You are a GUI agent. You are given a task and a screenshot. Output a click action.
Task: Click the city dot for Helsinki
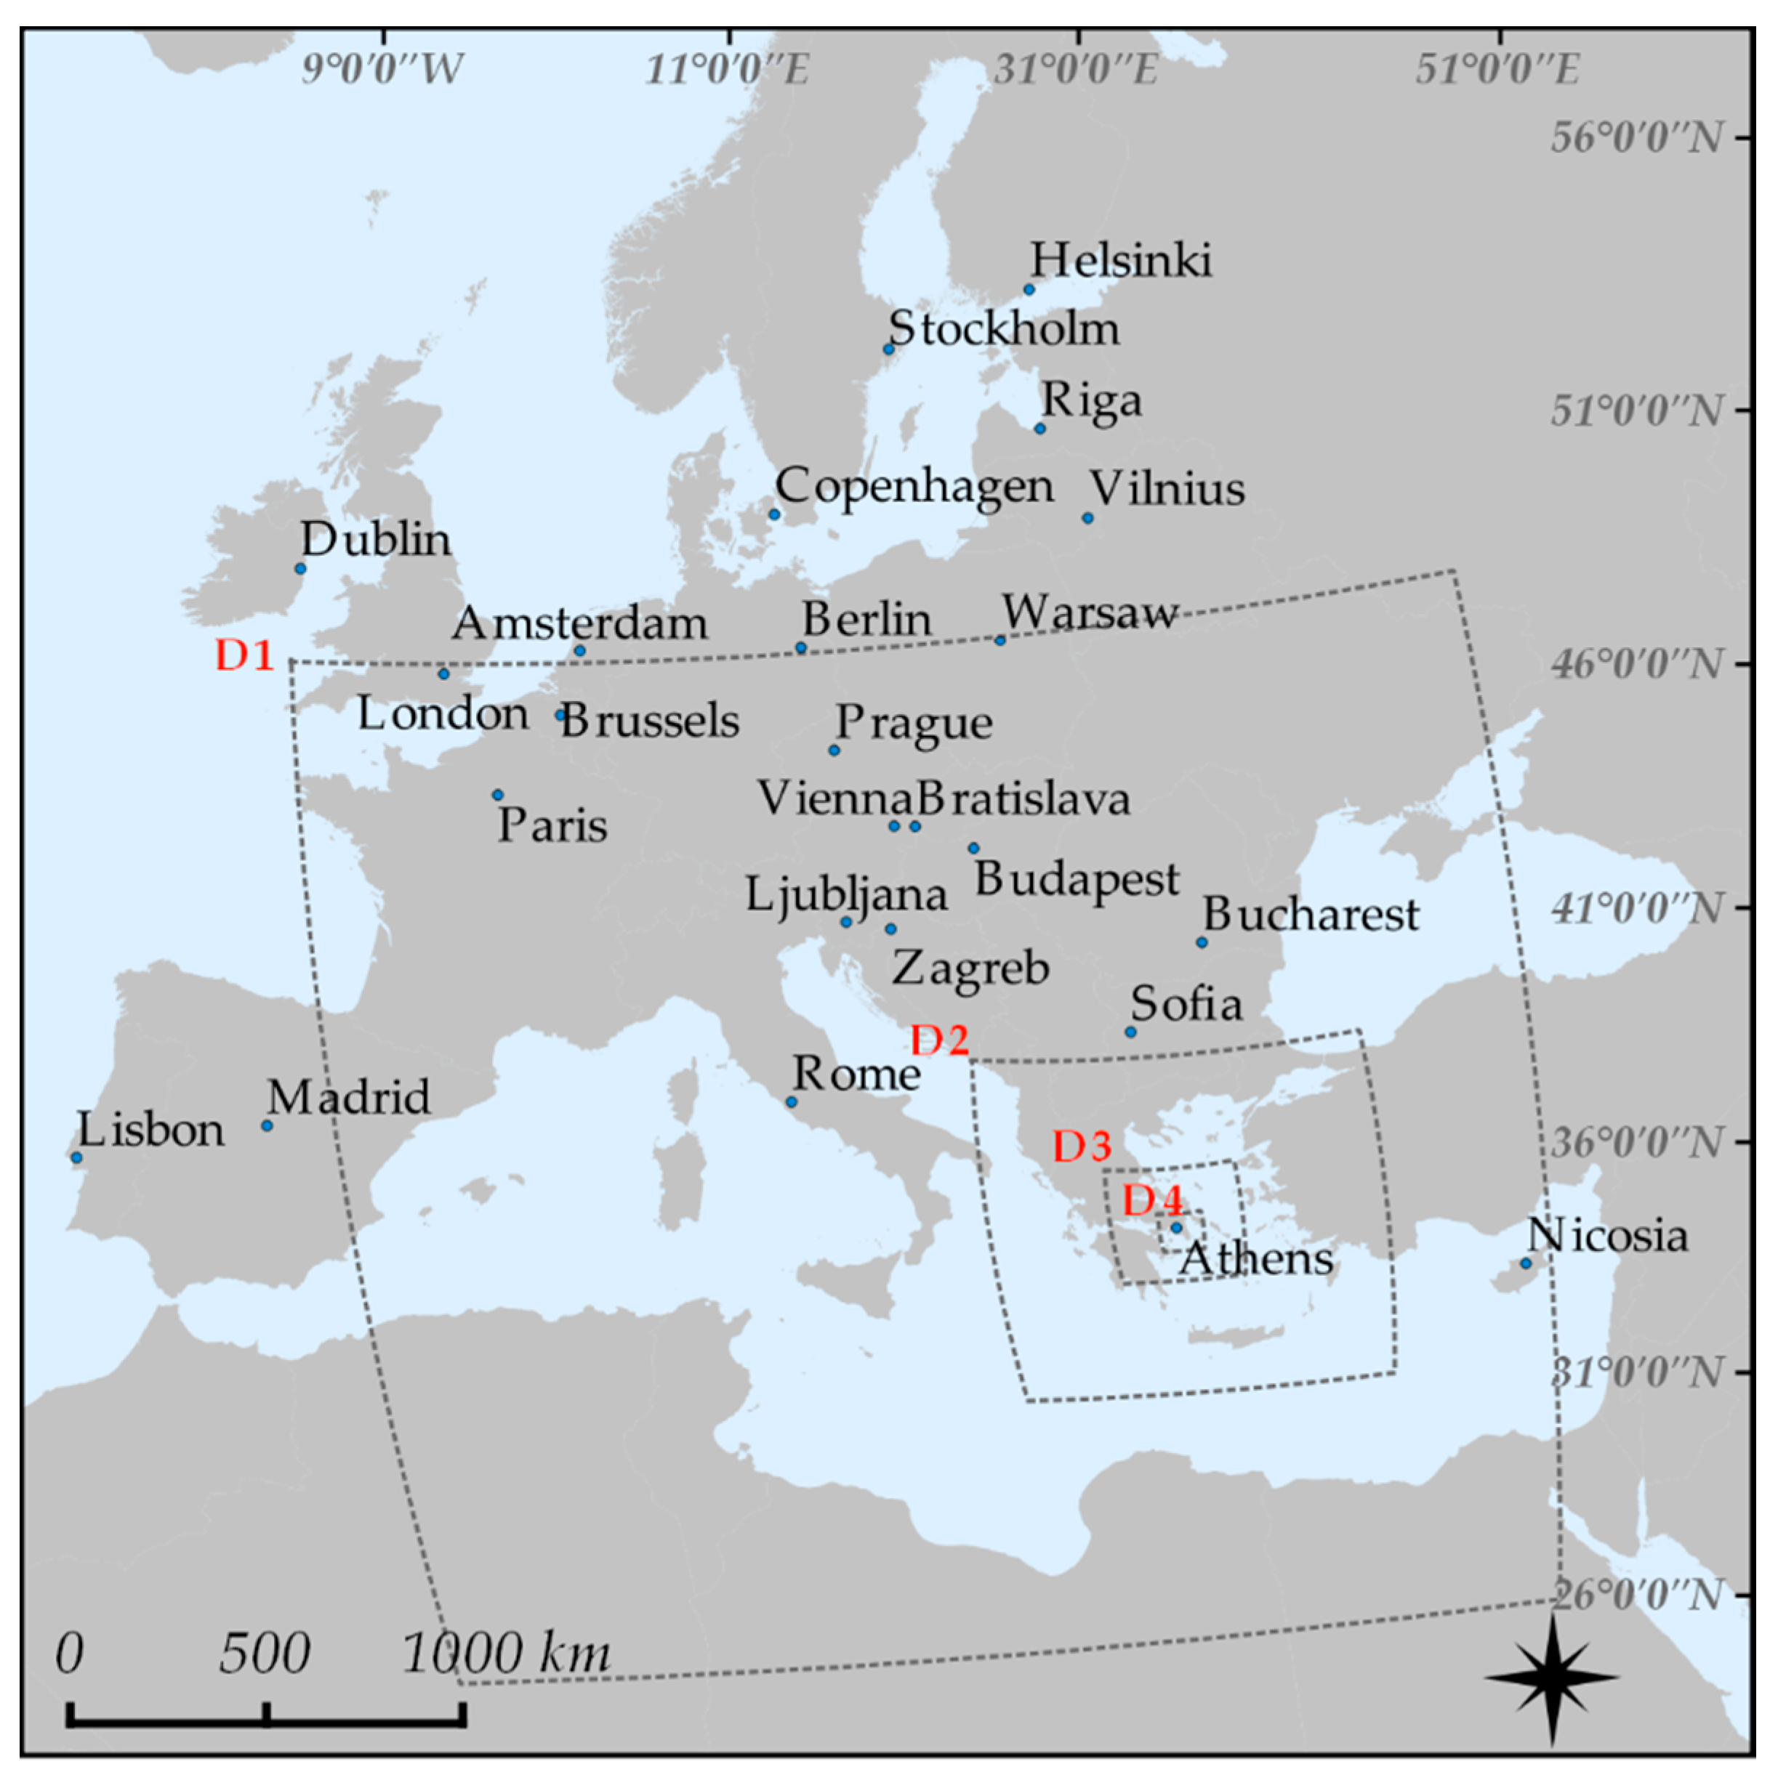point(1029,289)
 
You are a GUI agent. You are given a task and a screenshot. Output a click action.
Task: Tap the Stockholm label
point(1004,329)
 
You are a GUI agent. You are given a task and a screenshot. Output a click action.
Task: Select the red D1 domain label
point(244,655)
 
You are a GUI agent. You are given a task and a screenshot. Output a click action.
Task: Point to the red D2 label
point(939,1040)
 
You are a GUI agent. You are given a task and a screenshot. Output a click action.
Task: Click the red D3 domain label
point(1082,1146)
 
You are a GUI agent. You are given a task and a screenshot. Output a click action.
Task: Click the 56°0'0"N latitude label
point(1636,138)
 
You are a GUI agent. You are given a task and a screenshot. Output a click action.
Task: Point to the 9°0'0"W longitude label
point(382,70)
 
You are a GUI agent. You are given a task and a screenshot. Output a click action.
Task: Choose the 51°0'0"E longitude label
point(1498,70)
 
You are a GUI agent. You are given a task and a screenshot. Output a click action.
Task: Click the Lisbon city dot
point(76,1158)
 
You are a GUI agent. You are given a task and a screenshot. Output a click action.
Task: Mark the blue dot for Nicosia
point(1526,1263)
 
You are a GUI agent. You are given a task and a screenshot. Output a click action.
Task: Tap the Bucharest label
point(1311,915)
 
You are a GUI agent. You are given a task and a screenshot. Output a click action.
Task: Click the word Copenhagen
point(914,487)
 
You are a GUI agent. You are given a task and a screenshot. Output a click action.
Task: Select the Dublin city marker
point(300,568)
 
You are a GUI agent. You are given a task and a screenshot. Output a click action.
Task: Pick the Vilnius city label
point(1167,488)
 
